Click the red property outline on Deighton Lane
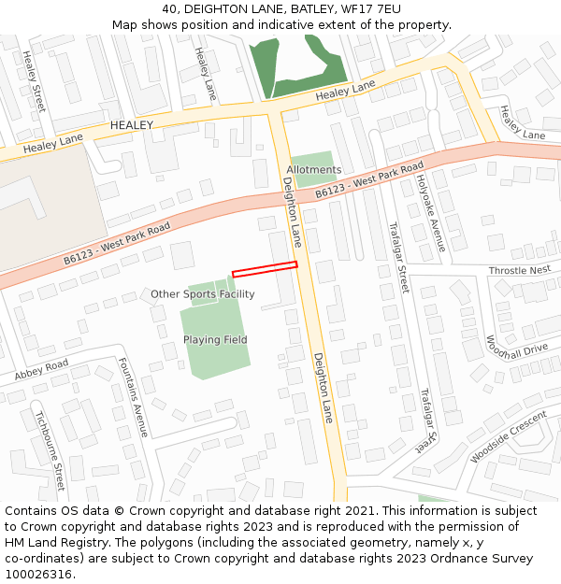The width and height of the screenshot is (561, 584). (265, 269)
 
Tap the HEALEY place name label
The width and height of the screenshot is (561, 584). (132, 124)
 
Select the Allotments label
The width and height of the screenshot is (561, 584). (314, 169)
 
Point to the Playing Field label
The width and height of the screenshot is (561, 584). (215, 340)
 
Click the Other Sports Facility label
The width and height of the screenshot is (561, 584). (203, 294)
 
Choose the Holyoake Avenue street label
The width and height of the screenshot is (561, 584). (430, 213)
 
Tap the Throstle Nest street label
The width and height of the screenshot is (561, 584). (520, 270)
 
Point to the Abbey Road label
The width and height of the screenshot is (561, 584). (41, 370)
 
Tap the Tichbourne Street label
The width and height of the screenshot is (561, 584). (50, 449)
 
